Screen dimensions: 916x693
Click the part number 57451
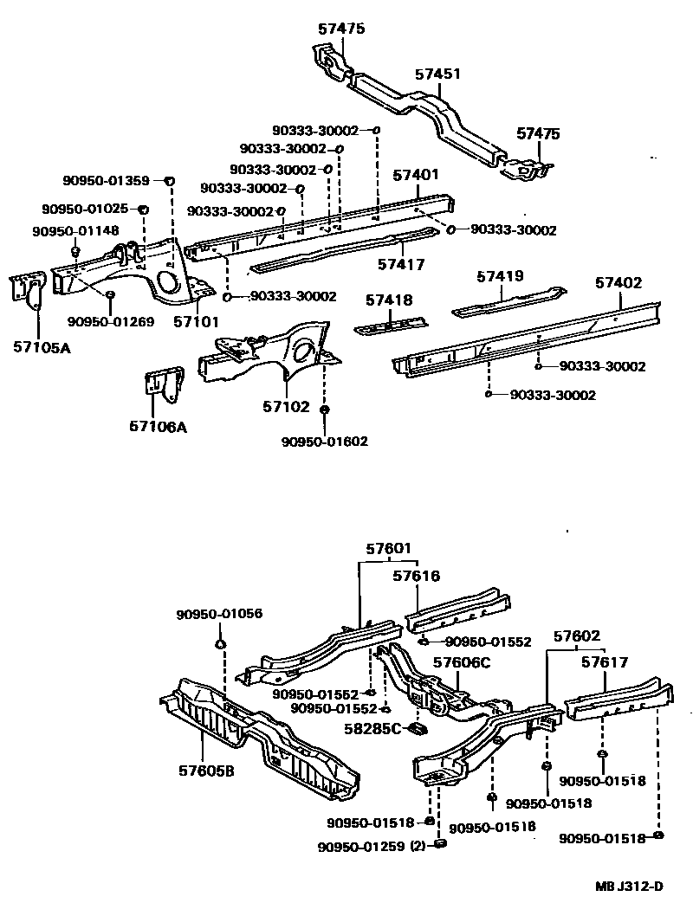[x=437, y=74]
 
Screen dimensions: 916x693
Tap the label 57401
[x=416, y=175]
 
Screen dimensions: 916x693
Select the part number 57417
[x=400, y=263]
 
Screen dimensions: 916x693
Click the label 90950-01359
[x=106, y=180]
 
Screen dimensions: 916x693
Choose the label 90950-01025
[x=85, y=209]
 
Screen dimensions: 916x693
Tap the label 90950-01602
[x=324, y=442]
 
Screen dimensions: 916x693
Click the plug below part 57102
[x=325, y=410]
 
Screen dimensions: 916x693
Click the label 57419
[x=500, y=277]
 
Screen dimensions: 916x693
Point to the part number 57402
[x=618, y=282]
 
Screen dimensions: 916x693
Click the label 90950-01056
[x=219, y=614]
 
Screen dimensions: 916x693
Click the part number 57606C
[x=462, y=663]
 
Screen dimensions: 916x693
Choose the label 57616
[x=416, y=576]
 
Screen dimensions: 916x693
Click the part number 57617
[x=604, y=662]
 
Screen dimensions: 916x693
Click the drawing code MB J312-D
[x=628, y=886]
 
